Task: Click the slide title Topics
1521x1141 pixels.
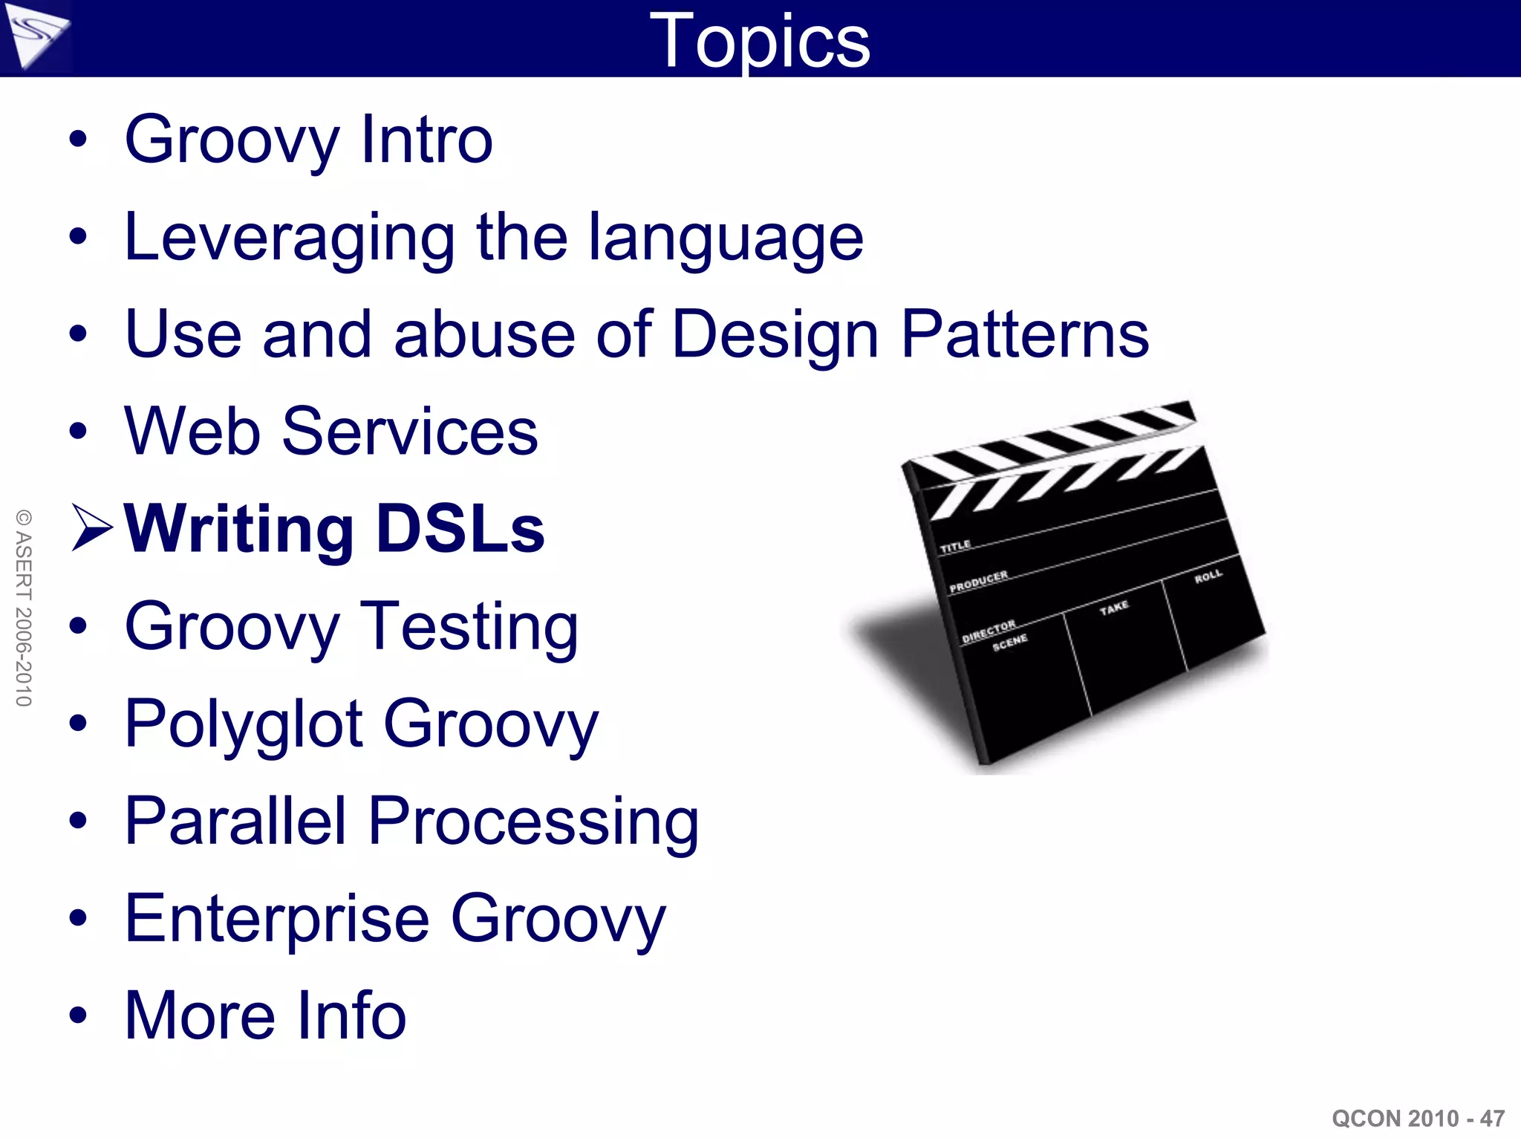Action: point(759,41)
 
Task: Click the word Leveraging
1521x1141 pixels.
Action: point(289,239)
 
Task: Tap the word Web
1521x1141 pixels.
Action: point(192,432)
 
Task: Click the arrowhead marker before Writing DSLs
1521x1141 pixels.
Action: point(91,528)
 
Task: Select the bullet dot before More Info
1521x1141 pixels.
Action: point(78,1015)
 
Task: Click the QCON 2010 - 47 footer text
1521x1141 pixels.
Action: point(1418,1118)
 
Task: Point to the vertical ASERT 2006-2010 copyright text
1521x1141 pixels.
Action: point(24,608)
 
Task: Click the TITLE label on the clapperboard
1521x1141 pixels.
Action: point(955,546)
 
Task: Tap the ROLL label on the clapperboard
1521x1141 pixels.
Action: point(1208,576)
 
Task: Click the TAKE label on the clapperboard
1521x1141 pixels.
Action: point(1114,608)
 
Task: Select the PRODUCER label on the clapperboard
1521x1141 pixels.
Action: point(978,581)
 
